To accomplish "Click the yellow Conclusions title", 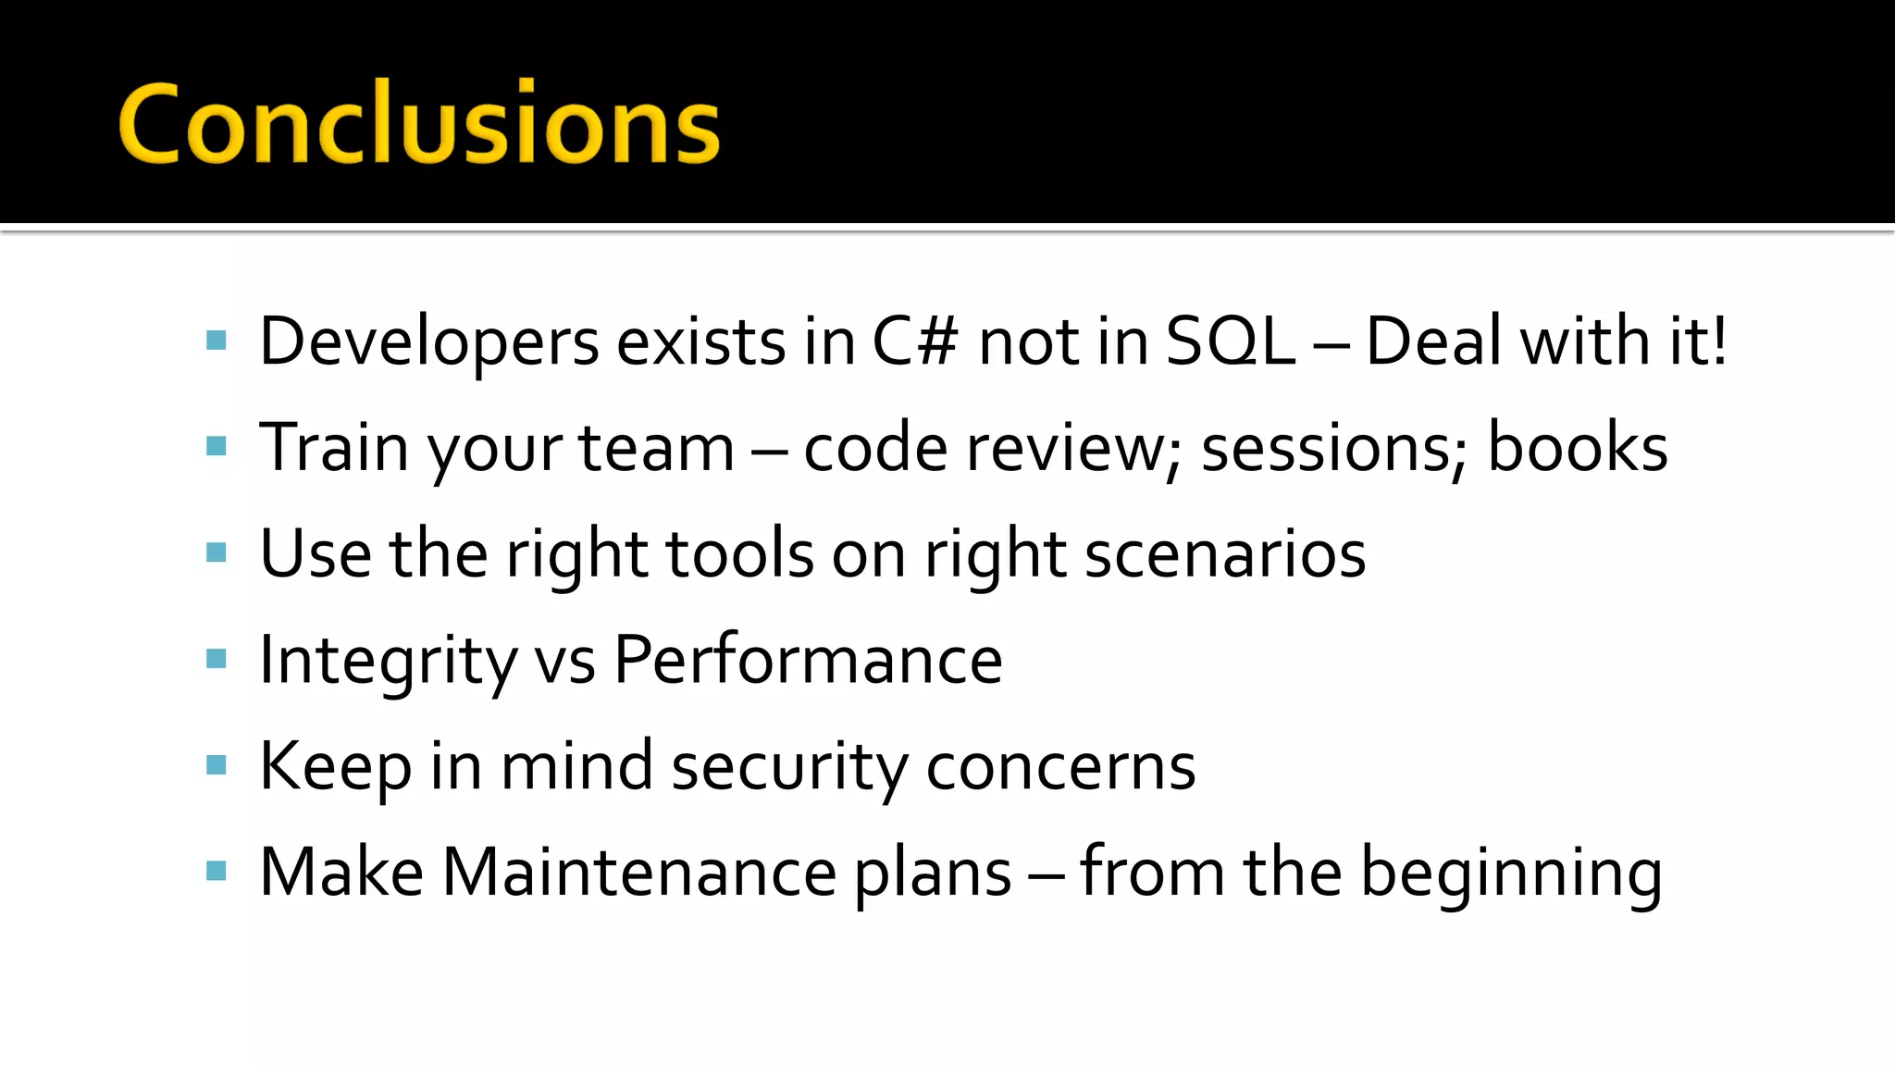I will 419,123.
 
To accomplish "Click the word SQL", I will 1231,341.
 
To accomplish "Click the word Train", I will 334,448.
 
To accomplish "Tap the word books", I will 1577,448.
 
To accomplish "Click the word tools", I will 739,553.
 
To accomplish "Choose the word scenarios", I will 1225,553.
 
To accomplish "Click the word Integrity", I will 388,661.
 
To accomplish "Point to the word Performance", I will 808,661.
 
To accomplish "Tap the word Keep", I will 335,767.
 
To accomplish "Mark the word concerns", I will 1060,767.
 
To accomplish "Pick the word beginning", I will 1511,874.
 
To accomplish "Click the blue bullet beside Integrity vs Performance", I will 217,659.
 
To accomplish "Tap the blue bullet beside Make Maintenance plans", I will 217,871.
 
